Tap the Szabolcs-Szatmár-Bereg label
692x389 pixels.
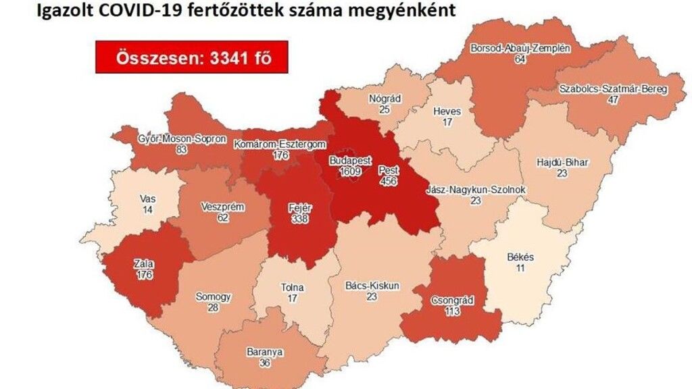[613, 89]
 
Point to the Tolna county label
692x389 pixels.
[292, 287]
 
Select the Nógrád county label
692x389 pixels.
[385, 99]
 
